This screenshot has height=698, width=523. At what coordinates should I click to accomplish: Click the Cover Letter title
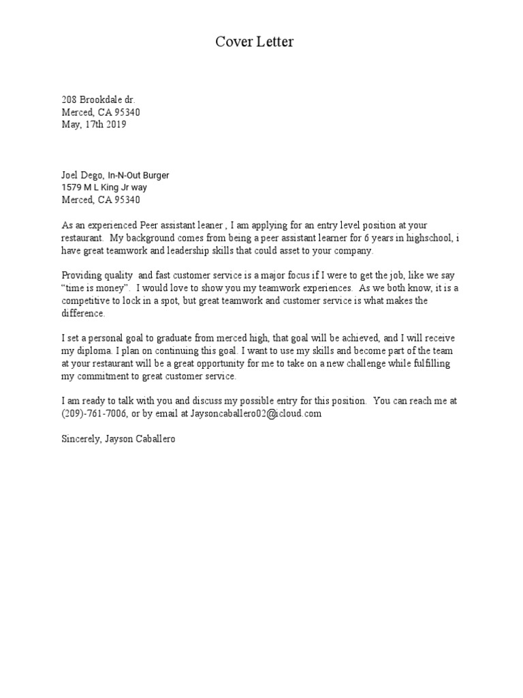click(x=255, y=42)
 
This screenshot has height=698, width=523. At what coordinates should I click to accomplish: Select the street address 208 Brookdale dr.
click(x=98, y=100)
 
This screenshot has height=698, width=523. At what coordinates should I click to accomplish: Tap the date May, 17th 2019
click(x=94, y=125)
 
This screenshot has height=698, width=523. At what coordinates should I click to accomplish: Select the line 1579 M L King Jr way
click(x=104, y=187)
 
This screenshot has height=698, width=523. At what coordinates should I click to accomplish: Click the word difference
click(x=83, y=313)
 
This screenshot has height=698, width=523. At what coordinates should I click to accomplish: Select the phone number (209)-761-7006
click(x=93, y=414)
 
